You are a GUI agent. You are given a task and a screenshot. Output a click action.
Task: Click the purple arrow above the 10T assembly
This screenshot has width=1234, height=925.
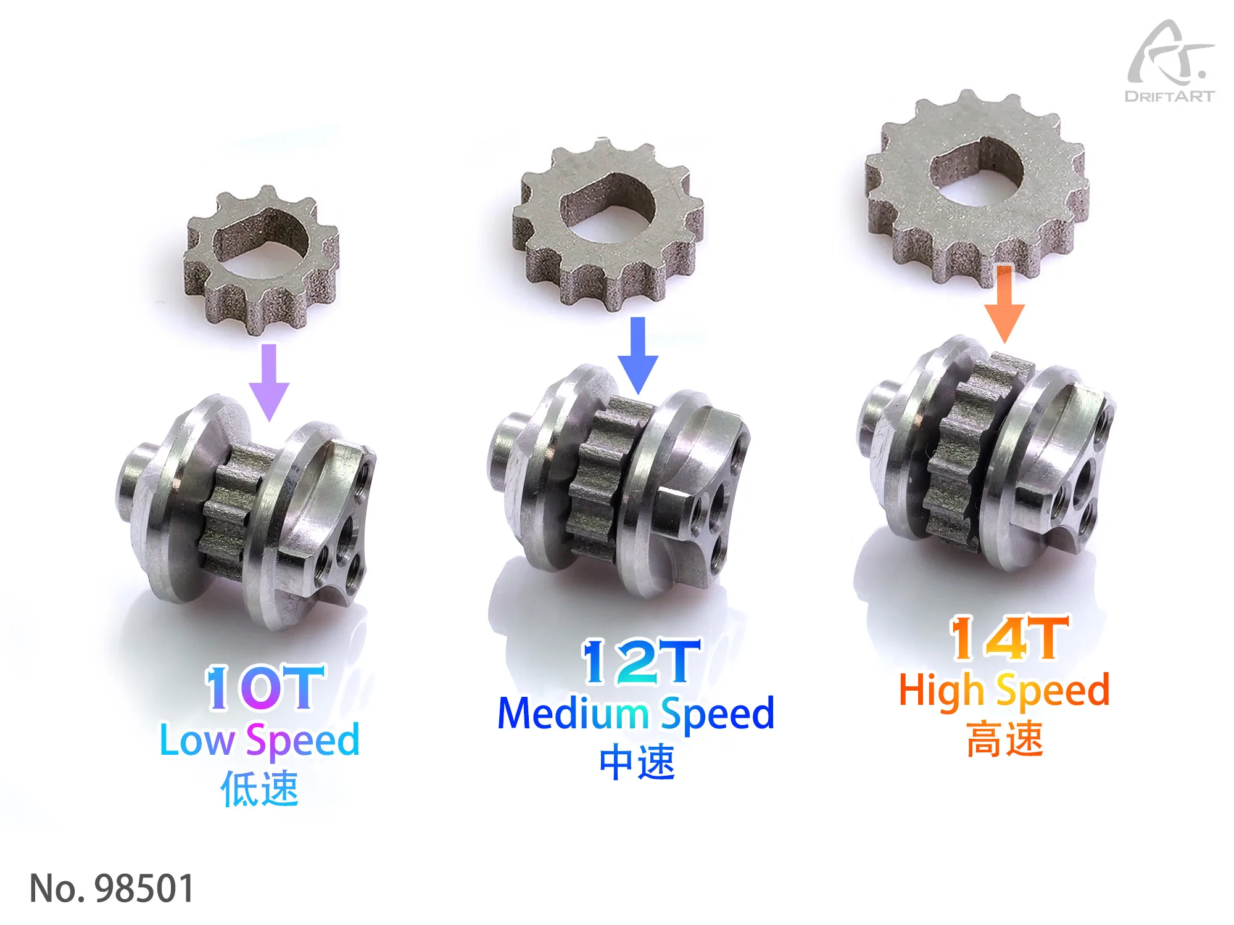269,382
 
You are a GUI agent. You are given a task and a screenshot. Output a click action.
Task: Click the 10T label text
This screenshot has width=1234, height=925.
265,688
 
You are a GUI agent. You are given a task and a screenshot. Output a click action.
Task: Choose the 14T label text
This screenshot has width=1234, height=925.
1009,638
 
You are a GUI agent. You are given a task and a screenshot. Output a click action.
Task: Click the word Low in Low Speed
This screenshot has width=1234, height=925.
197,740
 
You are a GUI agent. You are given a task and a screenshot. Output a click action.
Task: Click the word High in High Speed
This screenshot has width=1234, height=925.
941,691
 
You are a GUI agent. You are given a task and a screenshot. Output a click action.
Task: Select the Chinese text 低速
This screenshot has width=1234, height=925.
260,789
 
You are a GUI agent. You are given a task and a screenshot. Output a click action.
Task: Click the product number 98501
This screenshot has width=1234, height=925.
144,889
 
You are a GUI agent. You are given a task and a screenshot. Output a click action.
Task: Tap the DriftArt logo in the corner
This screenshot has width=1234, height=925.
1170,62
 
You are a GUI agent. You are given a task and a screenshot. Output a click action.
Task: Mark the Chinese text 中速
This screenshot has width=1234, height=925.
637,762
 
